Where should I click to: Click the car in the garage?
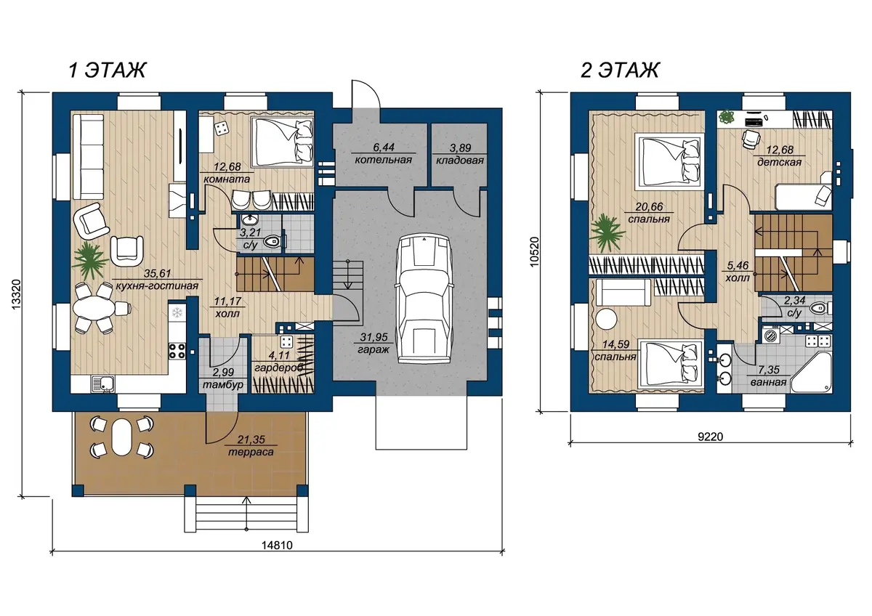pos(424,299)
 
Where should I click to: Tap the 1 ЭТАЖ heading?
pos(107,70)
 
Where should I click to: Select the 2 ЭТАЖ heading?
pos(620,70)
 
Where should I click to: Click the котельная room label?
pos(384,160)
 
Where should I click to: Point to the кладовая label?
pos(460,161)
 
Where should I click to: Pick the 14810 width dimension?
pos(277,546)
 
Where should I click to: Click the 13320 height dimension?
pos(15,295)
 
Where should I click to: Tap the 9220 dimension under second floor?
pos(711,437)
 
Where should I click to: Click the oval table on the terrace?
pos(121,437)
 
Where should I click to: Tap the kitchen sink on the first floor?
pos(102,384)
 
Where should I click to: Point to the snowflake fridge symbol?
pos(177,312)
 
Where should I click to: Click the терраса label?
pos(251,452)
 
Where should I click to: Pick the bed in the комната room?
pos(282,142)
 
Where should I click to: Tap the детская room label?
pos(779,162)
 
